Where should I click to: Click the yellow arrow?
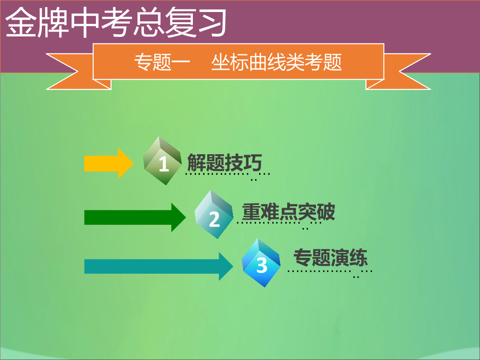point(109,163)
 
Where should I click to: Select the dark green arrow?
point(135,217)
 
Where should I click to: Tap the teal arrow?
point(159,266)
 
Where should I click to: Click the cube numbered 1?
point(163,161)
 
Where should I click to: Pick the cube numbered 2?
point(214,215)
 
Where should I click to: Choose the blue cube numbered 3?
point(261,263)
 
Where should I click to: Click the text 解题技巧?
point(225,163)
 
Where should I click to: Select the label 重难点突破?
point(288,212)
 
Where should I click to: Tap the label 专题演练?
point(331,257)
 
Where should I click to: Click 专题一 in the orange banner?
point(162,62)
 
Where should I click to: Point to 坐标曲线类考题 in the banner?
point(276,62)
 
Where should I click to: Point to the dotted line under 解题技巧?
point(228,174)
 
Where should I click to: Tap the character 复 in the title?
point(180,22)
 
